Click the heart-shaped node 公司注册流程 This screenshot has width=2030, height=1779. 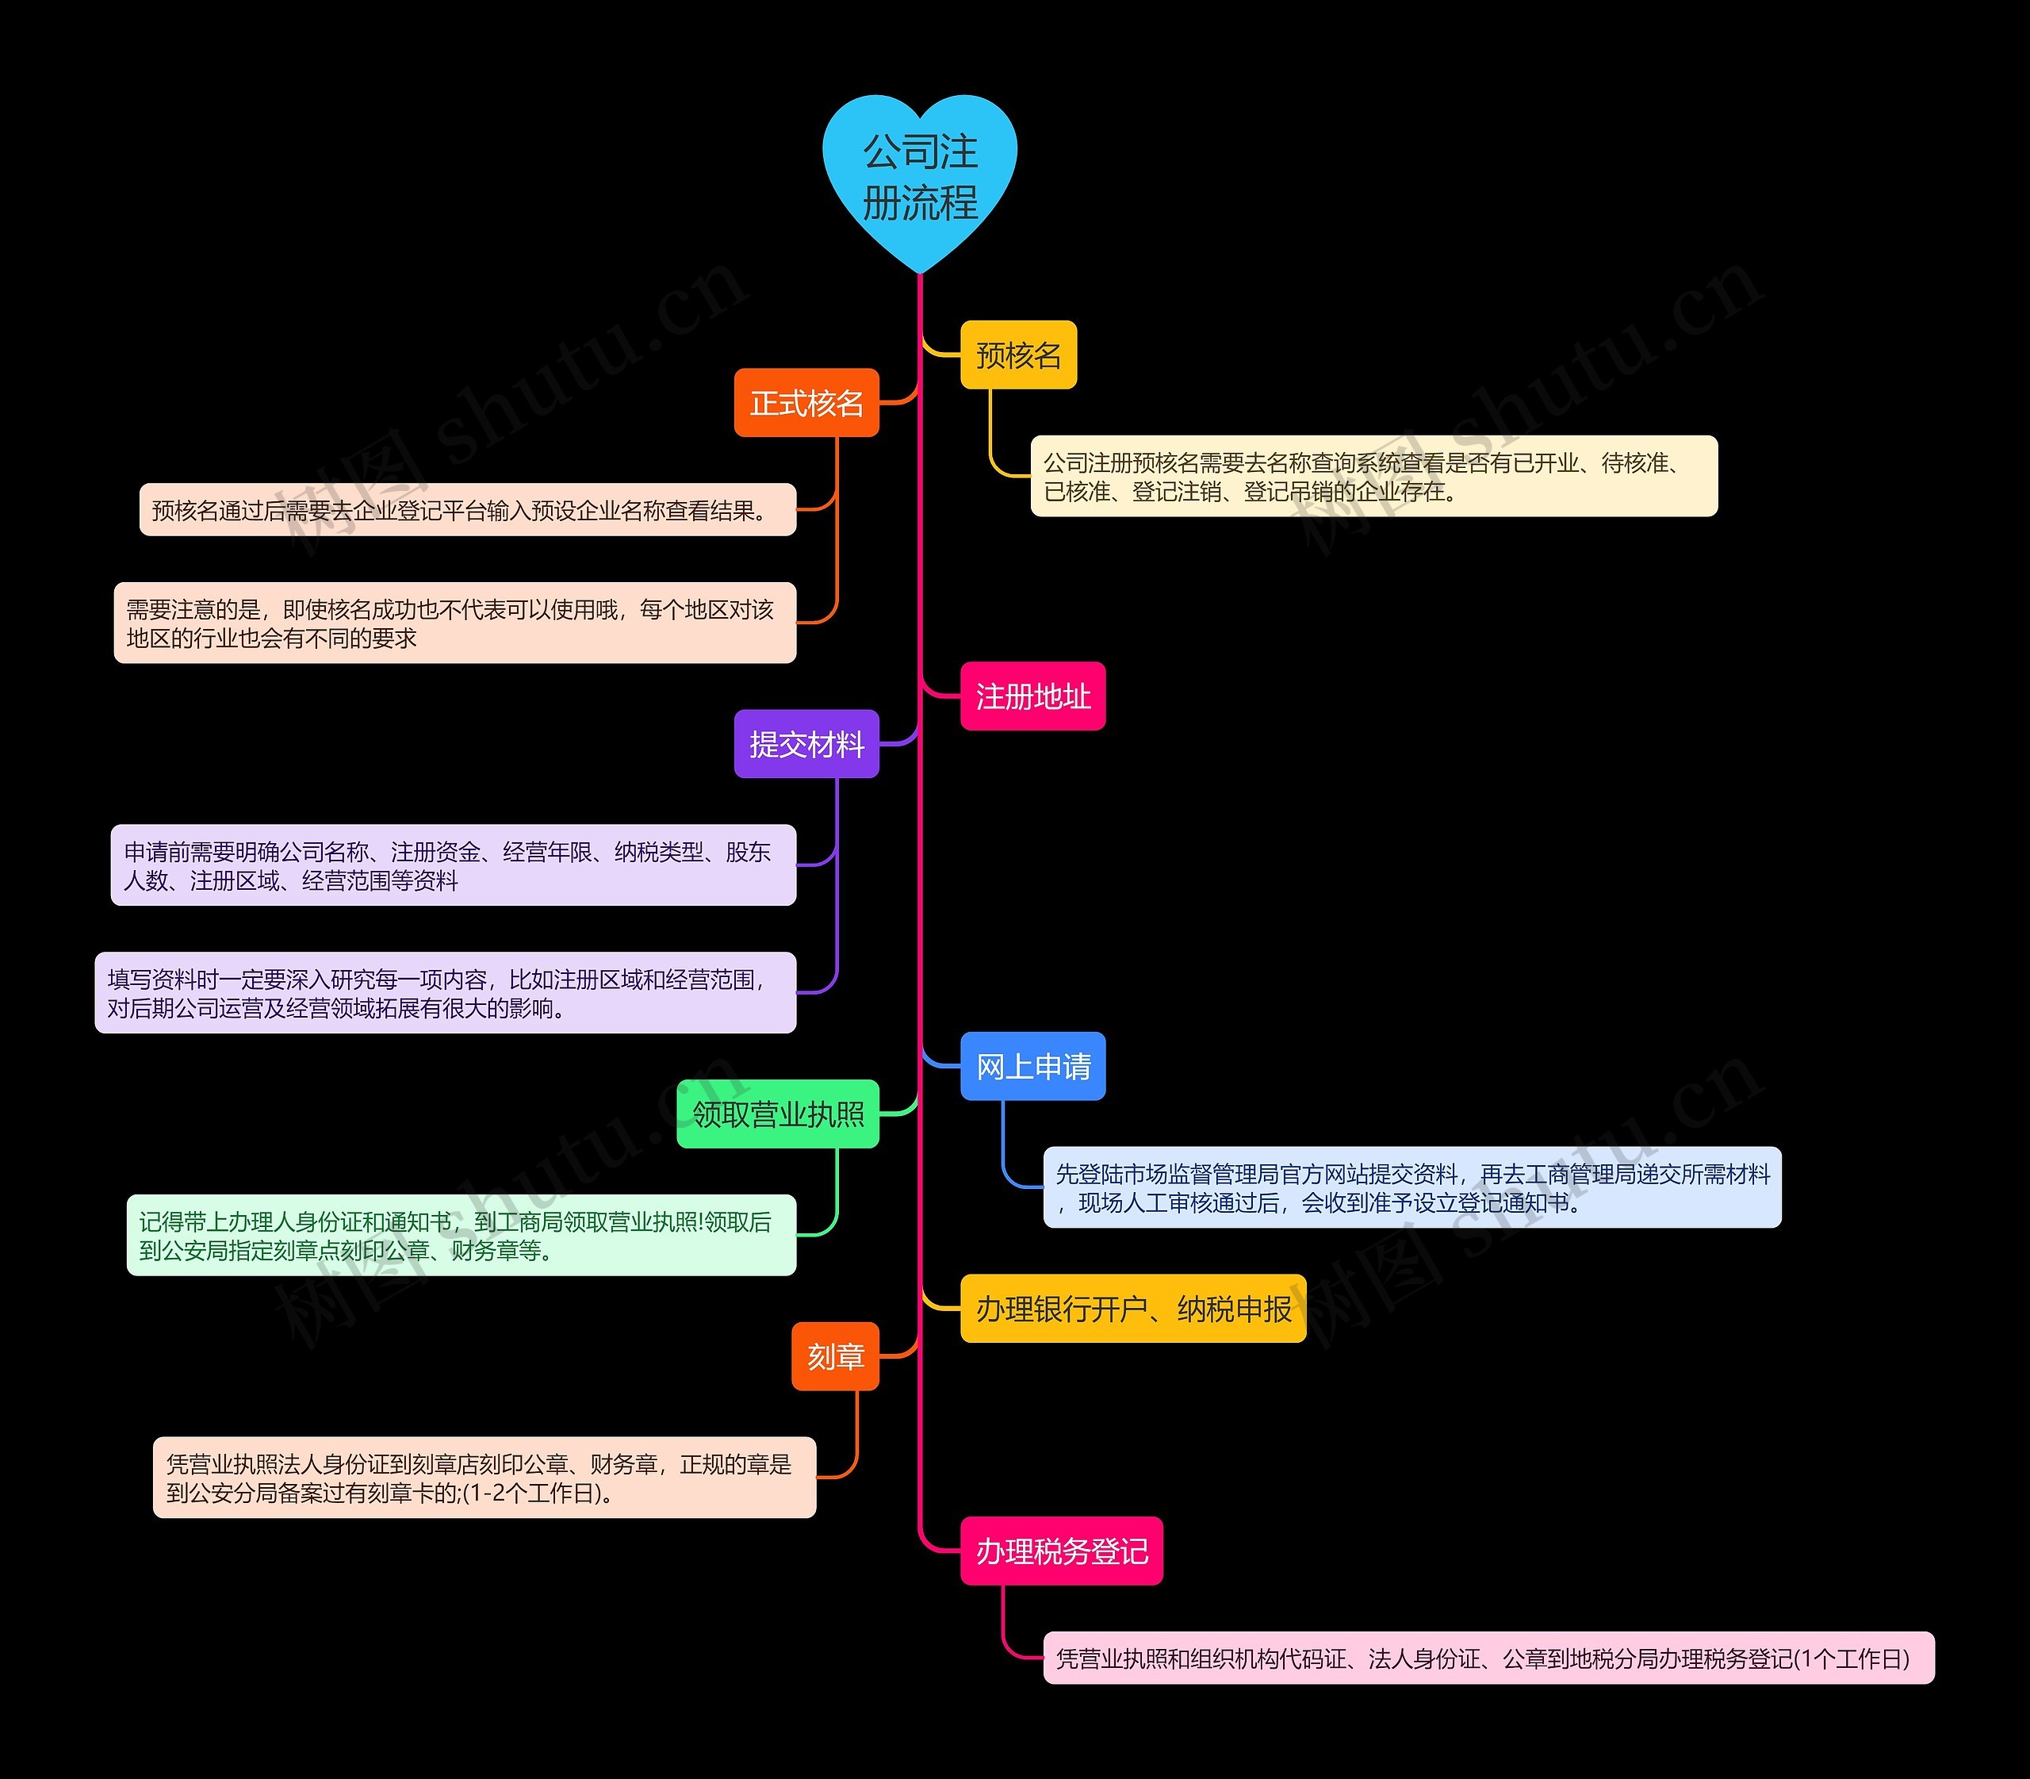tap(920, 178)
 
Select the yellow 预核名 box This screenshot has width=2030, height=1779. tap(1018, 355)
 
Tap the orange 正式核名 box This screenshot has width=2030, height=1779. tap(806, 403)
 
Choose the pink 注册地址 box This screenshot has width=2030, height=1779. tap(1032, 696)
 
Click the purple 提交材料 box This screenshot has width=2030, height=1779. tap(806, 744)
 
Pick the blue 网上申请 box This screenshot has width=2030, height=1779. tap(1032, 1066)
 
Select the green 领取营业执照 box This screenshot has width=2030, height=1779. tap(778, 1114)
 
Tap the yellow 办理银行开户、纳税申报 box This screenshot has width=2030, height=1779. tap(1132, 1309)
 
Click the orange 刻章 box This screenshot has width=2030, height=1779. tap(835, 1356)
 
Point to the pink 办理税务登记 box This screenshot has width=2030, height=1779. tap(1061, 1551)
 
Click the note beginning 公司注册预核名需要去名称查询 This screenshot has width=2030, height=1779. tap(1374, 477)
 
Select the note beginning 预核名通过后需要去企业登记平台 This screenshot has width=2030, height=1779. tap(468, 510)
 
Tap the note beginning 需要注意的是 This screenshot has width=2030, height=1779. tap(454, 623)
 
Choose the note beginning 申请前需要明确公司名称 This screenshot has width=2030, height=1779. tap(453, 865)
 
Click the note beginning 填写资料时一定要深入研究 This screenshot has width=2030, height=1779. tap(445, 993)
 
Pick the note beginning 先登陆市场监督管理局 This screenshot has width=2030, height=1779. tap(1411, 1187)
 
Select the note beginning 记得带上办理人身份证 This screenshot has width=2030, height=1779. tap(461, 1235)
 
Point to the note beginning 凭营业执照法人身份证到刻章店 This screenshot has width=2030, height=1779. tap(485, 1477)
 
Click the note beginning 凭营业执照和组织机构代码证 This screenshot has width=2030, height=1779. tap(1488, 1658)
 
